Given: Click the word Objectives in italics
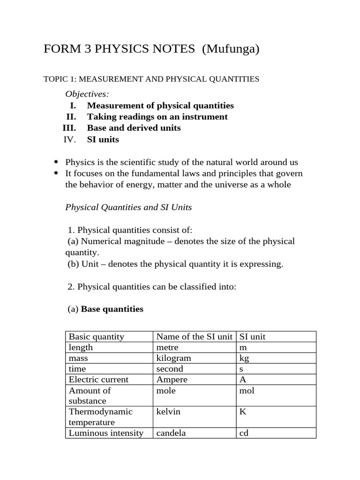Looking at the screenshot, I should (87, 94).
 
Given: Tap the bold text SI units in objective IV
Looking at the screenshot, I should (103, 139).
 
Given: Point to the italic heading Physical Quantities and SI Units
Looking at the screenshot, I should (128, 207).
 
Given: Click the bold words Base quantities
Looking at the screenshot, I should (112, 309).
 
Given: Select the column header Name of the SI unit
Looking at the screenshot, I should (194, 337).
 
